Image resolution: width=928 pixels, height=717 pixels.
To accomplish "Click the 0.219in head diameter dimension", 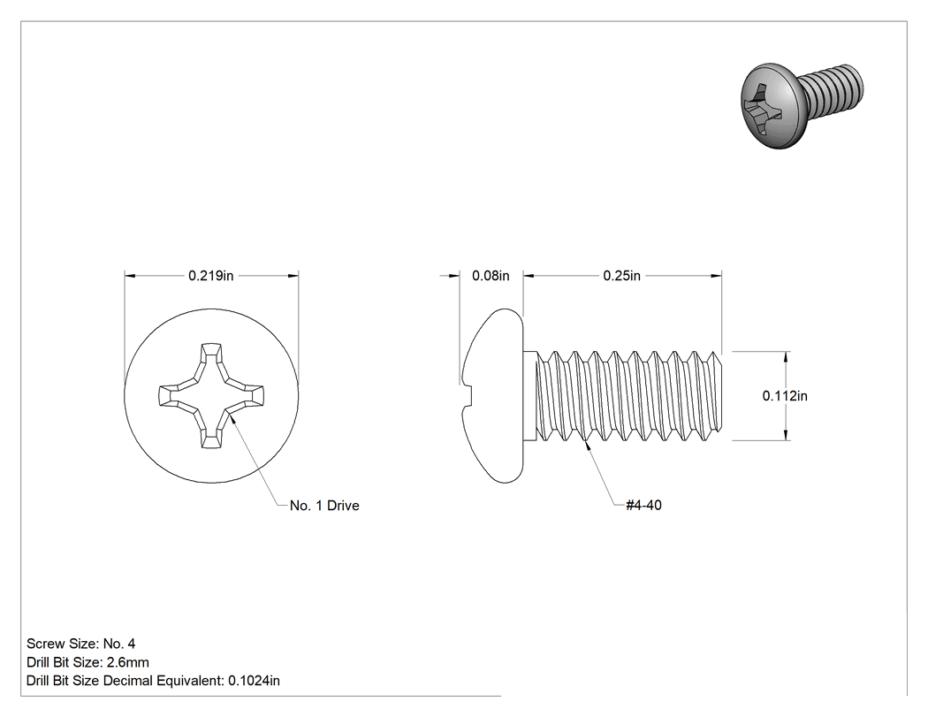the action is (x=210, y=276).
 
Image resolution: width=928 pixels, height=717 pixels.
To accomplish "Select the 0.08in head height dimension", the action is (x=491, y=276).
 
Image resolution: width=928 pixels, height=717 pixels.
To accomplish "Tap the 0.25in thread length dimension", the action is (x=621, y=276).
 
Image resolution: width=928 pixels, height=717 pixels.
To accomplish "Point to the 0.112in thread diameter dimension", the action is (x=785, y=395).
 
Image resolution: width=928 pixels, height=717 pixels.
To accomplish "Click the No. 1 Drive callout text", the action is (x=324, y=506).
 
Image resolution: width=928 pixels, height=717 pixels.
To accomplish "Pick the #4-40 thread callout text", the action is (x=644, y=505).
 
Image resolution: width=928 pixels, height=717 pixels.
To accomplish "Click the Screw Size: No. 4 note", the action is (x=81, y=644).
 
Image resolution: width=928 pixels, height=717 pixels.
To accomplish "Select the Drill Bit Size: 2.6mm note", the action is (x=87, y=662).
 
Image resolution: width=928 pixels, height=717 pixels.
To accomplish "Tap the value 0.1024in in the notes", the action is (x=254, y=681).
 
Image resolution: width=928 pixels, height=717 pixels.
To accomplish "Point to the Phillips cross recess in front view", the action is (x=211, y=395).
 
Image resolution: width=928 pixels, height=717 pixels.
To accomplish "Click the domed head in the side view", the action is (x=492, y=395).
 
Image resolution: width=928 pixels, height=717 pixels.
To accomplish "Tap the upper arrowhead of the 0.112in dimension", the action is (x=786, y=357).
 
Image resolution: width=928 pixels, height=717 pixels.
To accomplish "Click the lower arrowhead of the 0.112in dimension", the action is (x=786, y=435).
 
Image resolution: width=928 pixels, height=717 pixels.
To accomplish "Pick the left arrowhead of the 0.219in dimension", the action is (x=130, y=276).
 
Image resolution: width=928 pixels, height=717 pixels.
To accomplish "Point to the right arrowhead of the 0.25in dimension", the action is (x=716, y=276).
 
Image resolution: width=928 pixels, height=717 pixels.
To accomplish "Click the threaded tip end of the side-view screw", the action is (x=719, y=395).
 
